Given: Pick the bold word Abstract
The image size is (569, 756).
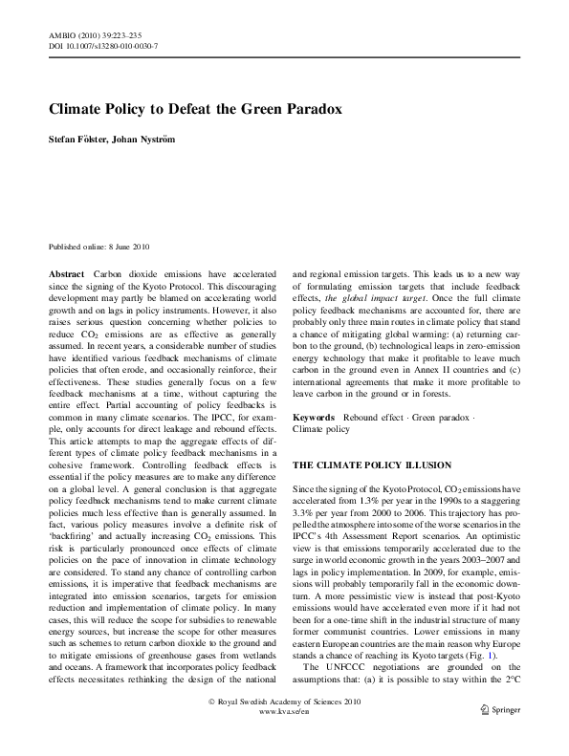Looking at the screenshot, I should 68,272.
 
